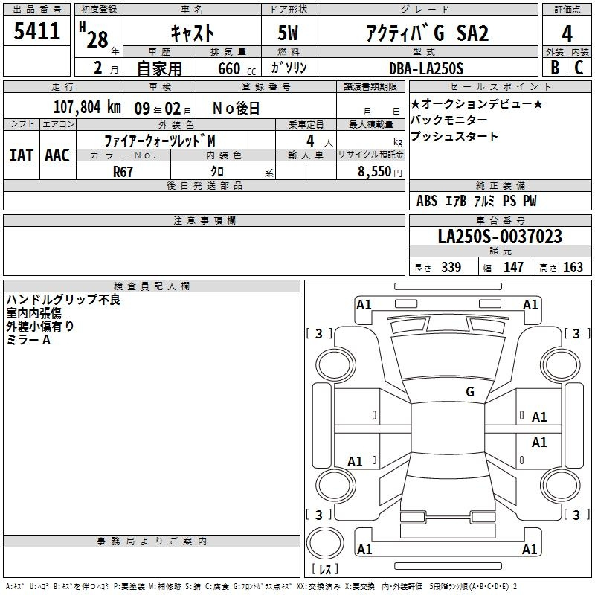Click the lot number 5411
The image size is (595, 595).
pyautogui.click(x=36, y=31)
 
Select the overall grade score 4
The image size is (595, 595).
pyautogui.click(x=567, y=33)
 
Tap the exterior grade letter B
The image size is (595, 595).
pyautogui.click(x=555, y=68)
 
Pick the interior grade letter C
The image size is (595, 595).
pyautogui.click(x=579, y=68)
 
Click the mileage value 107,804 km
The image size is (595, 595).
pyautogui.click(x=87, y=107)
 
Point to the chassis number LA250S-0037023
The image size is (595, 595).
pyautogui.click(x=500, y=236)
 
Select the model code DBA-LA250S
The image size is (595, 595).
pyautogui.click(x=426, y=68)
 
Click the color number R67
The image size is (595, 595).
pyautogui.click(x=123, y=172)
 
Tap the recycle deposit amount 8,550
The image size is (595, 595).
pyautogui.click(x=375, y=171)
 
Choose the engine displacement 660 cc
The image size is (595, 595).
pyautogui.click(x=237, y=68)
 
